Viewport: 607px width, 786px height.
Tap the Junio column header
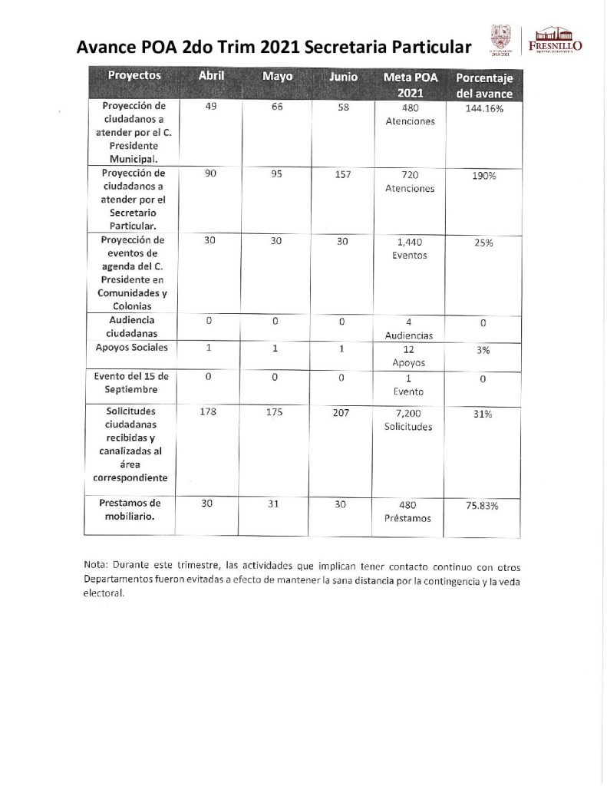(343, 77)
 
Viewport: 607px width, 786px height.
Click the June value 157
(342, 174)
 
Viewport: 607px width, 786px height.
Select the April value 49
(209, 107)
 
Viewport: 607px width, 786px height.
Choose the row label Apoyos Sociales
(134, 348)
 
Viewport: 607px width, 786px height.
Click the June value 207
(342, 412)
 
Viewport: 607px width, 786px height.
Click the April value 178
(209, 412)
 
